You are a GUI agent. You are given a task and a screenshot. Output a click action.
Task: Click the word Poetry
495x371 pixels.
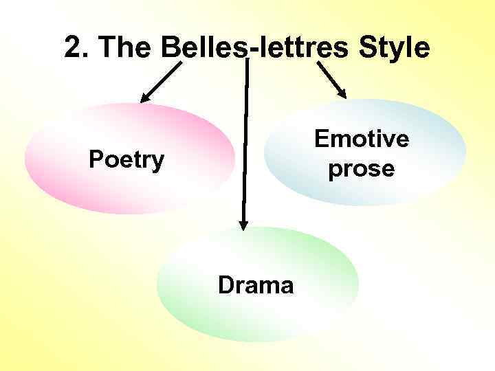[x=126, y=161]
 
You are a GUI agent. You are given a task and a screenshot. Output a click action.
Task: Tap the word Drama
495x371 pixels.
[x=256, y=284]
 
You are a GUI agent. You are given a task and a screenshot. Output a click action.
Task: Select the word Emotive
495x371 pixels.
[x=362, y=139]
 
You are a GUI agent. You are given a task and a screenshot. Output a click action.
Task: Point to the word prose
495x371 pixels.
[x=362, y=169]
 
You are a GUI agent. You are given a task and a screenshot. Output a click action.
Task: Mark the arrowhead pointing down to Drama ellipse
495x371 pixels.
[x=243, y=223]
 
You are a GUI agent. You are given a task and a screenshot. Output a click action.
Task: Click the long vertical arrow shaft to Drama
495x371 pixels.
[x=245, y=137]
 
